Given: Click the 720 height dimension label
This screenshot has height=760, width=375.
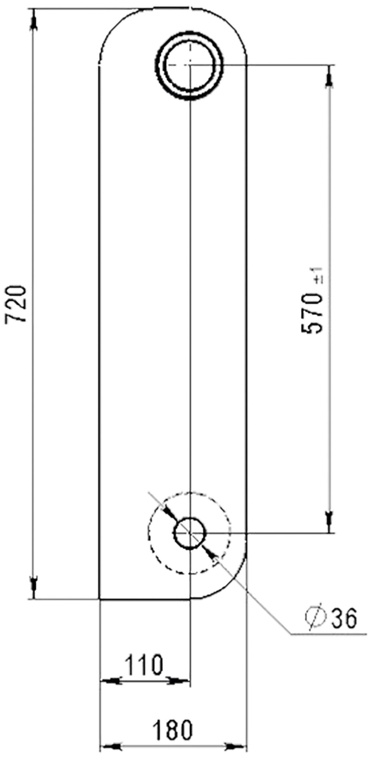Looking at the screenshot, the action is point(16,304).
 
